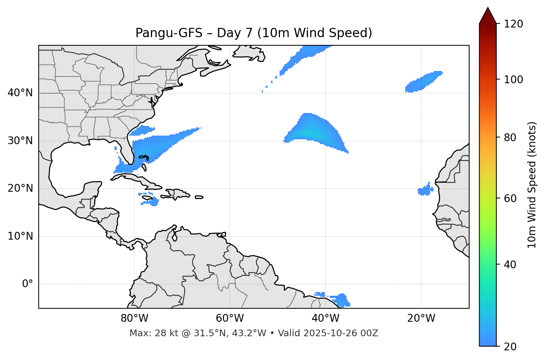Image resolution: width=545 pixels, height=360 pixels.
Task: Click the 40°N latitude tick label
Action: (20, 93)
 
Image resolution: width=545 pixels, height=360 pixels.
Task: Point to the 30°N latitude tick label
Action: (20, 141)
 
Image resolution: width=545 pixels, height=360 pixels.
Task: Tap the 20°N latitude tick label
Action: (20, 188)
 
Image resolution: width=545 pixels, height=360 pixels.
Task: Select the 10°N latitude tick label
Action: (20, 236)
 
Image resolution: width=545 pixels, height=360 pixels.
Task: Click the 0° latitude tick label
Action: (28, 284)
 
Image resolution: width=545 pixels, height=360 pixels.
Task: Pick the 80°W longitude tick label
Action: (134, 318)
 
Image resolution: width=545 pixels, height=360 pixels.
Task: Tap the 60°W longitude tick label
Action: (230, 318)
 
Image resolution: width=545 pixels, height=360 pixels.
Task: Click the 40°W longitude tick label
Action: (325, 318)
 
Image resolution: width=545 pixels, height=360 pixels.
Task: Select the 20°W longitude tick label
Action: (421, 318)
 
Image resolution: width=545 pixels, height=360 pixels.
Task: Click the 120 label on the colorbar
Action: (513, 24)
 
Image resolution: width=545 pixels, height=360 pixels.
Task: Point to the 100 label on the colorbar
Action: (513, 80)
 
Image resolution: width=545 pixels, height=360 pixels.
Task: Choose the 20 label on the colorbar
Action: (510, 347)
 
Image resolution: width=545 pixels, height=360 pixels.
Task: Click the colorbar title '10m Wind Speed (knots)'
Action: (532, 185)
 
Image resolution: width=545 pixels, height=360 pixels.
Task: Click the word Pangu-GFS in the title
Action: (169, 33)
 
